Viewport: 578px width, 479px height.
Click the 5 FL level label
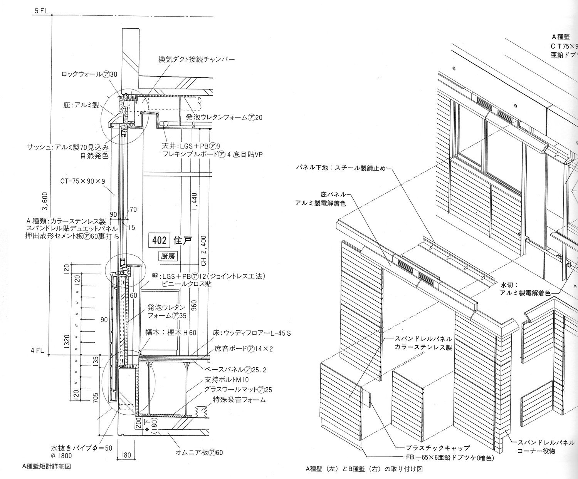[41, 11]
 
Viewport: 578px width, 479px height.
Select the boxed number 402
[159, 240]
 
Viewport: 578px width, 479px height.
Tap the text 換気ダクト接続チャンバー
[196, 60]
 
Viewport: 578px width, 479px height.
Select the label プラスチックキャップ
[438, 448]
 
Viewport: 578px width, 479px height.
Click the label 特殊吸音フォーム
[239, 400]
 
